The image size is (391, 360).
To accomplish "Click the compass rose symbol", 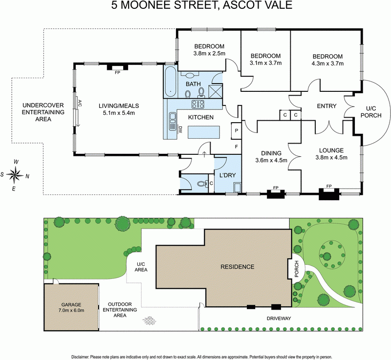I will (16, 173).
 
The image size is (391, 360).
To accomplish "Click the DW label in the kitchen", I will (180, 130).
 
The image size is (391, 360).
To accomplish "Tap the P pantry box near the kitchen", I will (236, 131).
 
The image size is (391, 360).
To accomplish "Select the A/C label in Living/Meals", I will (78, 103).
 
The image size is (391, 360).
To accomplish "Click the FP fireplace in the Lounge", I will (327, 187).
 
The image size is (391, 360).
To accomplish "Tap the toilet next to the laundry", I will (200, 184).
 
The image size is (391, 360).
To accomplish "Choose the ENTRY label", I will (326, 106).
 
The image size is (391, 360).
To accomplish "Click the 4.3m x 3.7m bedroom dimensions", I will (327, 64).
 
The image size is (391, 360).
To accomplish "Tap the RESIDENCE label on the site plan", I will (237, 267).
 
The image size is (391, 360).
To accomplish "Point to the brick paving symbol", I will (150, 320).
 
